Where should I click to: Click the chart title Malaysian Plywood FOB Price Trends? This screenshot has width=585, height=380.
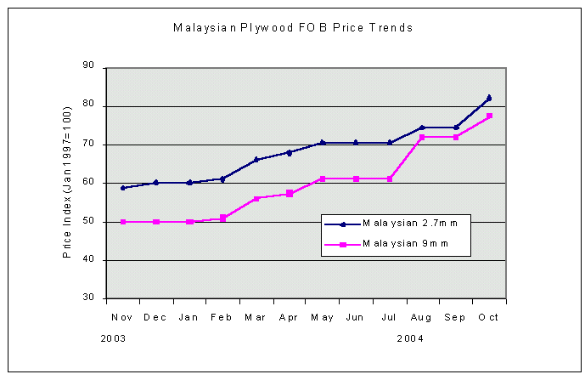(x=293, y=27)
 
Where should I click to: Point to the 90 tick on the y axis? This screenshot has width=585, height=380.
(x=88, y=68)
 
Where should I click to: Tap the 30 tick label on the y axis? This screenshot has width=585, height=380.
(x=88, y=298)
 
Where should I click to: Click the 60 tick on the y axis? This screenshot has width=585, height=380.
(x=88, y=183)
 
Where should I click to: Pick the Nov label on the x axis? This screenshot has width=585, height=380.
(x=121, y=316)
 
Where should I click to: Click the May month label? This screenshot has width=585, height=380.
(x=323, y=316)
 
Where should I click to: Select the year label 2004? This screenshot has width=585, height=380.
(x=410, y=338)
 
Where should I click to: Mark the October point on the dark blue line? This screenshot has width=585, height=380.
(x=489, y=98)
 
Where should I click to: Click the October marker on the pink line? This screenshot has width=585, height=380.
(x=489, y=116)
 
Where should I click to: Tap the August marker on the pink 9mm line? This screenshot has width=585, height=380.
(x=422, y=137)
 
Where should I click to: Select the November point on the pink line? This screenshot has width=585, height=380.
(x=123, y=222)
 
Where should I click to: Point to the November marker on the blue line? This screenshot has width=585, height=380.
(x=123, y=188)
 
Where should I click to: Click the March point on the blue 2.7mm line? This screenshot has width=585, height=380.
(x=256, y=160)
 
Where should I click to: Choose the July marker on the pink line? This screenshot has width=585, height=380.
(x=389, y=179)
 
